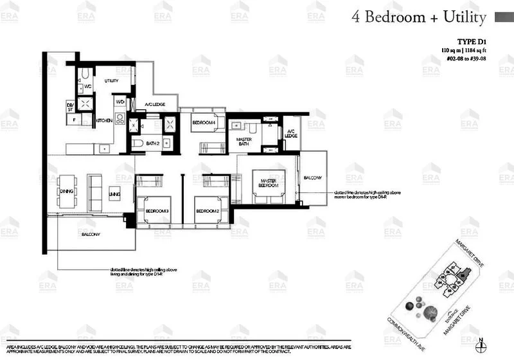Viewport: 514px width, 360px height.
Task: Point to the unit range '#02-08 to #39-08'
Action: [x=479, y=59]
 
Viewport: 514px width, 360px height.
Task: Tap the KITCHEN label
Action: [x=104, y=120]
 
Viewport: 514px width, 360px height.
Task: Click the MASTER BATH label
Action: [x=244, y=143]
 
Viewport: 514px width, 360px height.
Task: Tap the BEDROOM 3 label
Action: [x=157, y=211]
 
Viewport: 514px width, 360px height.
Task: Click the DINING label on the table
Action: [x=66, y=191]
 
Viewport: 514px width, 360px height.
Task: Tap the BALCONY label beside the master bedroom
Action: [x=313, y=177]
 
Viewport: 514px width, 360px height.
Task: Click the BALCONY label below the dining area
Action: [x=91, y=235]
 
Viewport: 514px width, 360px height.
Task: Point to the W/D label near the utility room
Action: [x=120, y=102]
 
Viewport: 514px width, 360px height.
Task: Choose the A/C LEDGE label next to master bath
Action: [x=291, y=133]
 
